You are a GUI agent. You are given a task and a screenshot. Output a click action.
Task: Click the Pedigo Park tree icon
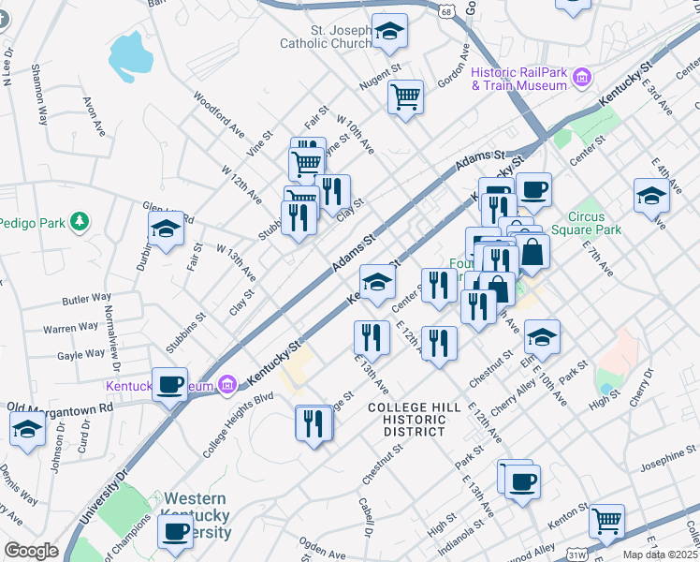click(x=81, y=222)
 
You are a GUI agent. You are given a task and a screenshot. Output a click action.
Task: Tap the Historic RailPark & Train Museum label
click(x=519, y=79)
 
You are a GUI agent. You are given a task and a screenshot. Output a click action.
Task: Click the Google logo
click(x=30, y=551)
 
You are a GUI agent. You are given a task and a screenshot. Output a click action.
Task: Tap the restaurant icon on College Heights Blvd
click(x=314, y=422)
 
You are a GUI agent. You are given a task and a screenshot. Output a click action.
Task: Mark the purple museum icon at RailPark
click(x=582, y=76)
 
